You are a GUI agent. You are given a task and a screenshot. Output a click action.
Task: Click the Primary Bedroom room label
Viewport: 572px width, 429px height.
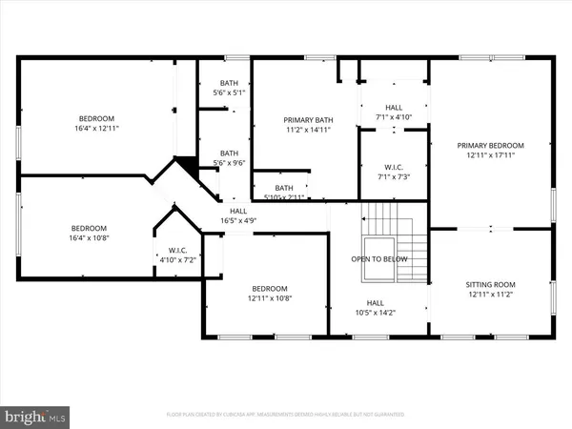pos(490,146)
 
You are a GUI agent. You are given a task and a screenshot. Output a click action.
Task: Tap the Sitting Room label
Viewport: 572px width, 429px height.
pos(490,285)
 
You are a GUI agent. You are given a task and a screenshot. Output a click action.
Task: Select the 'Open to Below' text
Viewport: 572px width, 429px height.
pos(379,259)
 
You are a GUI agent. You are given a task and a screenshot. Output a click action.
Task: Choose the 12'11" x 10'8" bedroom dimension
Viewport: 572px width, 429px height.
pos(270,299)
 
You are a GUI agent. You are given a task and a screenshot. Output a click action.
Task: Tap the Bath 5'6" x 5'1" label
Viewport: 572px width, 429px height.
pos(229,89)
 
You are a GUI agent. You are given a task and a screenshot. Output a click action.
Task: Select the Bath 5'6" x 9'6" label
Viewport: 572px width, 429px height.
pos(229,158)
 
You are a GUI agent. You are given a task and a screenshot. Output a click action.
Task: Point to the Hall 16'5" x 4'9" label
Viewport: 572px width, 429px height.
pos(237,216)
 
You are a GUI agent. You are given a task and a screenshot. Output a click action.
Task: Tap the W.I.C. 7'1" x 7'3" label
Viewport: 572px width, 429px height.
pos(394,173)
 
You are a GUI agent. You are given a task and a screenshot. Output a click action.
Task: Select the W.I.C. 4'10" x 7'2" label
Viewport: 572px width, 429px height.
pos(175,255)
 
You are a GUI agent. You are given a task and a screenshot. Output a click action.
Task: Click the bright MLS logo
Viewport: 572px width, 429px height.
pos(35,416)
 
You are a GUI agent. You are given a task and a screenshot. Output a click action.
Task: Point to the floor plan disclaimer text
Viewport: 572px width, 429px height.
pos(285,416)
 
